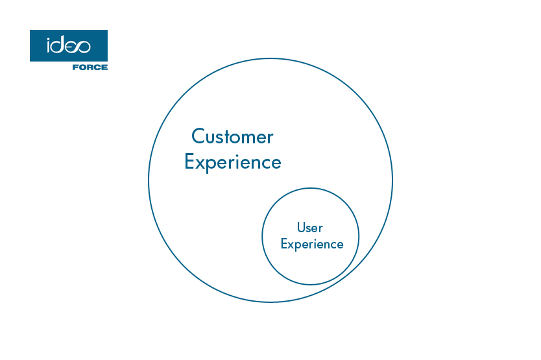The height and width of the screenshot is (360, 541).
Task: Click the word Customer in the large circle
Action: [232, 137]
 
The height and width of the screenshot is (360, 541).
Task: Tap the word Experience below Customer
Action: [232, 162]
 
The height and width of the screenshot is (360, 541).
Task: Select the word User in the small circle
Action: [309, 228]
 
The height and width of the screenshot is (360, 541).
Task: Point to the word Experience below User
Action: [311, 245]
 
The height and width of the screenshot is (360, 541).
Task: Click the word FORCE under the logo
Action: [90, 67]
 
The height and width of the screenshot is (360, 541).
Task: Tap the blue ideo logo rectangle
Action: [68, 45]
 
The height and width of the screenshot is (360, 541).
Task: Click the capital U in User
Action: [301, 228]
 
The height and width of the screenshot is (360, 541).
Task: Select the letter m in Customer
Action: [247, 138]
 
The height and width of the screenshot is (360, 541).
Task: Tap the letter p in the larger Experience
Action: [213, 163]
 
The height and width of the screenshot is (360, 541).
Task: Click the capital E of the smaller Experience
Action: [284, 245]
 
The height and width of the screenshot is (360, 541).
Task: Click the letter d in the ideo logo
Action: [59, 45]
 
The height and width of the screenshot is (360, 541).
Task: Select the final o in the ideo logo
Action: [83, 46]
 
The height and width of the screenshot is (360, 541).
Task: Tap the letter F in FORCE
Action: [75, 67]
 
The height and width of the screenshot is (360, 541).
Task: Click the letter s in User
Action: [308, 228]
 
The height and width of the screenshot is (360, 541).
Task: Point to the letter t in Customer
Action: [224, 138]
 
